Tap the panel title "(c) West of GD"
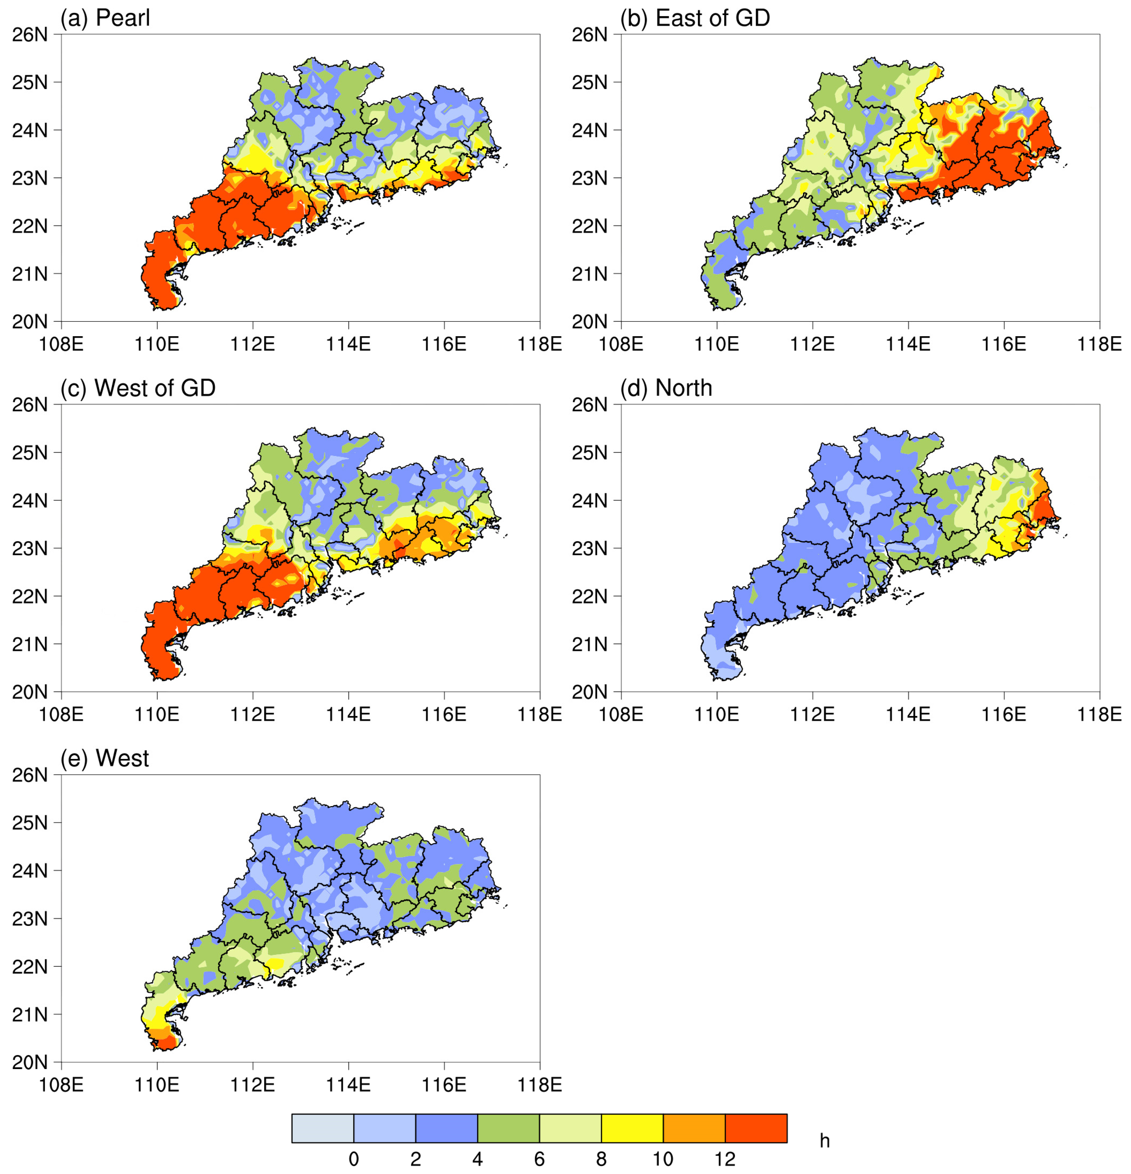pos(138,388)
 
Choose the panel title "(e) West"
pos(105,758)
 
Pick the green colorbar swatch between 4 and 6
pos(508,1128)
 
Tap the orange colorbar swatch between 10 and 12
pos(694,1128)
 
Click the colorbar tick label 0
pos(354,1159)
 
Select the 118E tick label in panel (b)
pos(1099,345)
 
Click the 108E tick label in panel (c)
pos(61,715)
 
